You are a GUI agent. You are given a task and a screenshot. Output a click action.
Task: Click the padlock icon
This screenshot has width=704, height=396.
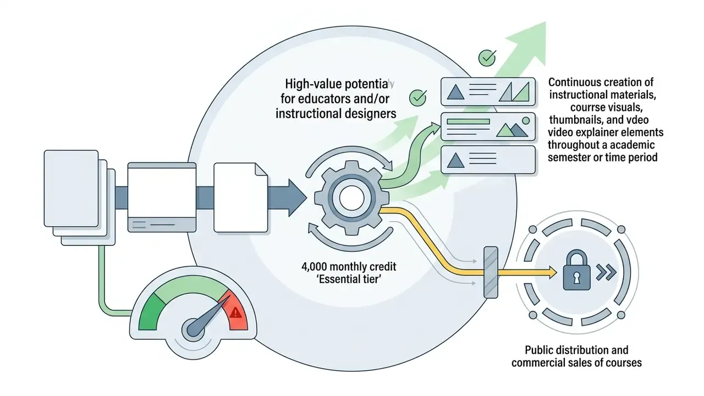[576, 269]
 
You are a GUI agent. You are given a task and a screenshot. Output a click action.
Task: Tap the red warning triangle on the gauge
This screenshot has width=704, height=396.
[235, 313]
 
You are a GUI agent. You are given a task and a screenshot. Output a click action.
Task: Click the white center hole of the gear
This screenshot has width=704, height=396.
[351, 199]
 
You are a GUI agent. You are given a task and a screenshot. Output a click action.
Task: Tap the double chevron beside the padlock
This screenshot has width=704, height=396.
[606, 272]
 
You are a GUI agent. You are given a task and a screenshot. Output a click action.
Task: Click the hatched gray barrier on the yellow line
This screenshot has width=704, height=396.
[491, 272]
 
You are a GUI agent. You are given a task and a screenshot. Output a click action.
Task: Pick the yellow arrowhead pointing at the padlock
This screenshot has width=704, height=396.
[552, 272]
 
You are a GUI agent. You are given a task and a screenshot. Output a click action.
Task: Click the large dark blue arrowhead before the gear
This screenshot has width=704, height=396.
[297, 198]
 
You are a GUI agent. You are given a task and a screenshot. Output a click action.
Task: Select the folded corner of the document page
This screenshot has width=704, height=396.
[261, 169]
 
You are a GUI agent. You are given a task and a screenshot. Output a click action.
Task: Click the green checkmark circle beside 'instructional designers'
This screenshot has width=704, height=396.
[417, 98]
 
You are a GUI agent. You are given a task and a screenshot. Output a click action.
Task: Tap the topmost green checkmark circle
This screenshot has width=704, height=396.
[487, 58]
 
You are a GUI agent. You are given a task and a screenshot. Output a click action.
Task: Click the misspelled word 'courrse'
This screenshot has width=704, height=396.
[586, 107]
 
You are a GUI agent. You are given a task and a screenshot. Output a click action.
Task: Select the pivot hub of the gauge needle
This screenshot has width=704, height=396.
[193, 329]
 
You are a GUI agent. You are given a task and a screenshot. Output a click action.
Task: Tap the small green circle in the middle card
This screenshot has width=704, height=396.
[525, 120]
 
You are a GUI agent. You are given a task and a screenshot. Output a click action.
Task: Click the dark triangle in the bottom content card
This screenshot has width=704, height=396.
[455, 160]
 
